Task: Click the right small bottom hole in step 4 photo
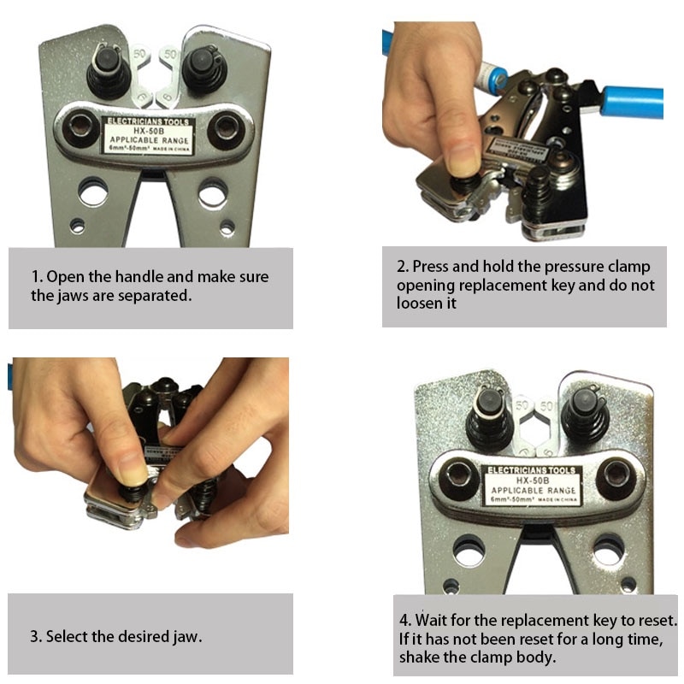pyautogui.click(x=628, y=586)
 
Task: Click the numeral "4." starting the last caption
pyautogui.click(x=404, y=620)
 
